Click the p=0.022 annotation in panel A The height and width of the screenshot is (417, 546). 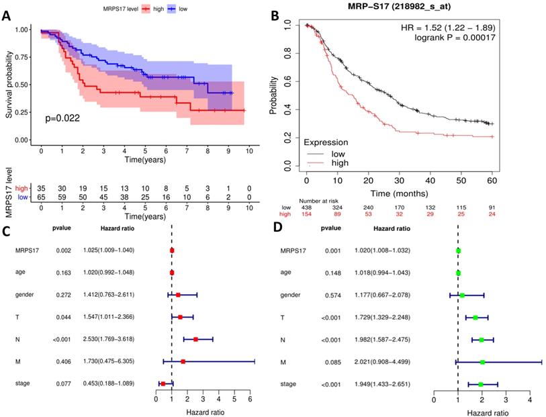(x=62, y=118)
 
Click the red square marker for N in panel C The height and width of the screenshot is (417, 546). (x=195, y=340)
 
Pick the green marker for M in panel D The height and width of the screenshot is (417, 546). (x=482, y=362)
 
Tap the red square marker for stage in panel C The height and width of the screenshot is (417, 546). (x=163, y=383)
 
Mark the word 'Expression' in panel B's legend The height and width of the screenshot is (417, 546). (x=326, y=142)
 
